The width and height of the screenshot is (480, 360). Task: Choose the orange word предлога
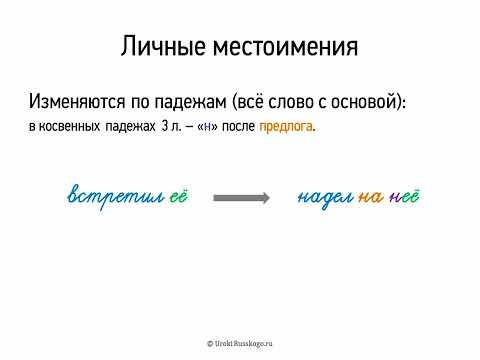(286, 127)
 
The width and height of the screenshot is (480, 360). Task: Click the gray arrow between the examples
(241, 198)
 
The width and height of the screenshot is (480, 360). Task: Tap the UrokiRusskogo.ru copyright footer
(240, 342)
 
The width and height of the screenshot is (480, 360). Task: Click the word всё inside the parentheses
(273, 103)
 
